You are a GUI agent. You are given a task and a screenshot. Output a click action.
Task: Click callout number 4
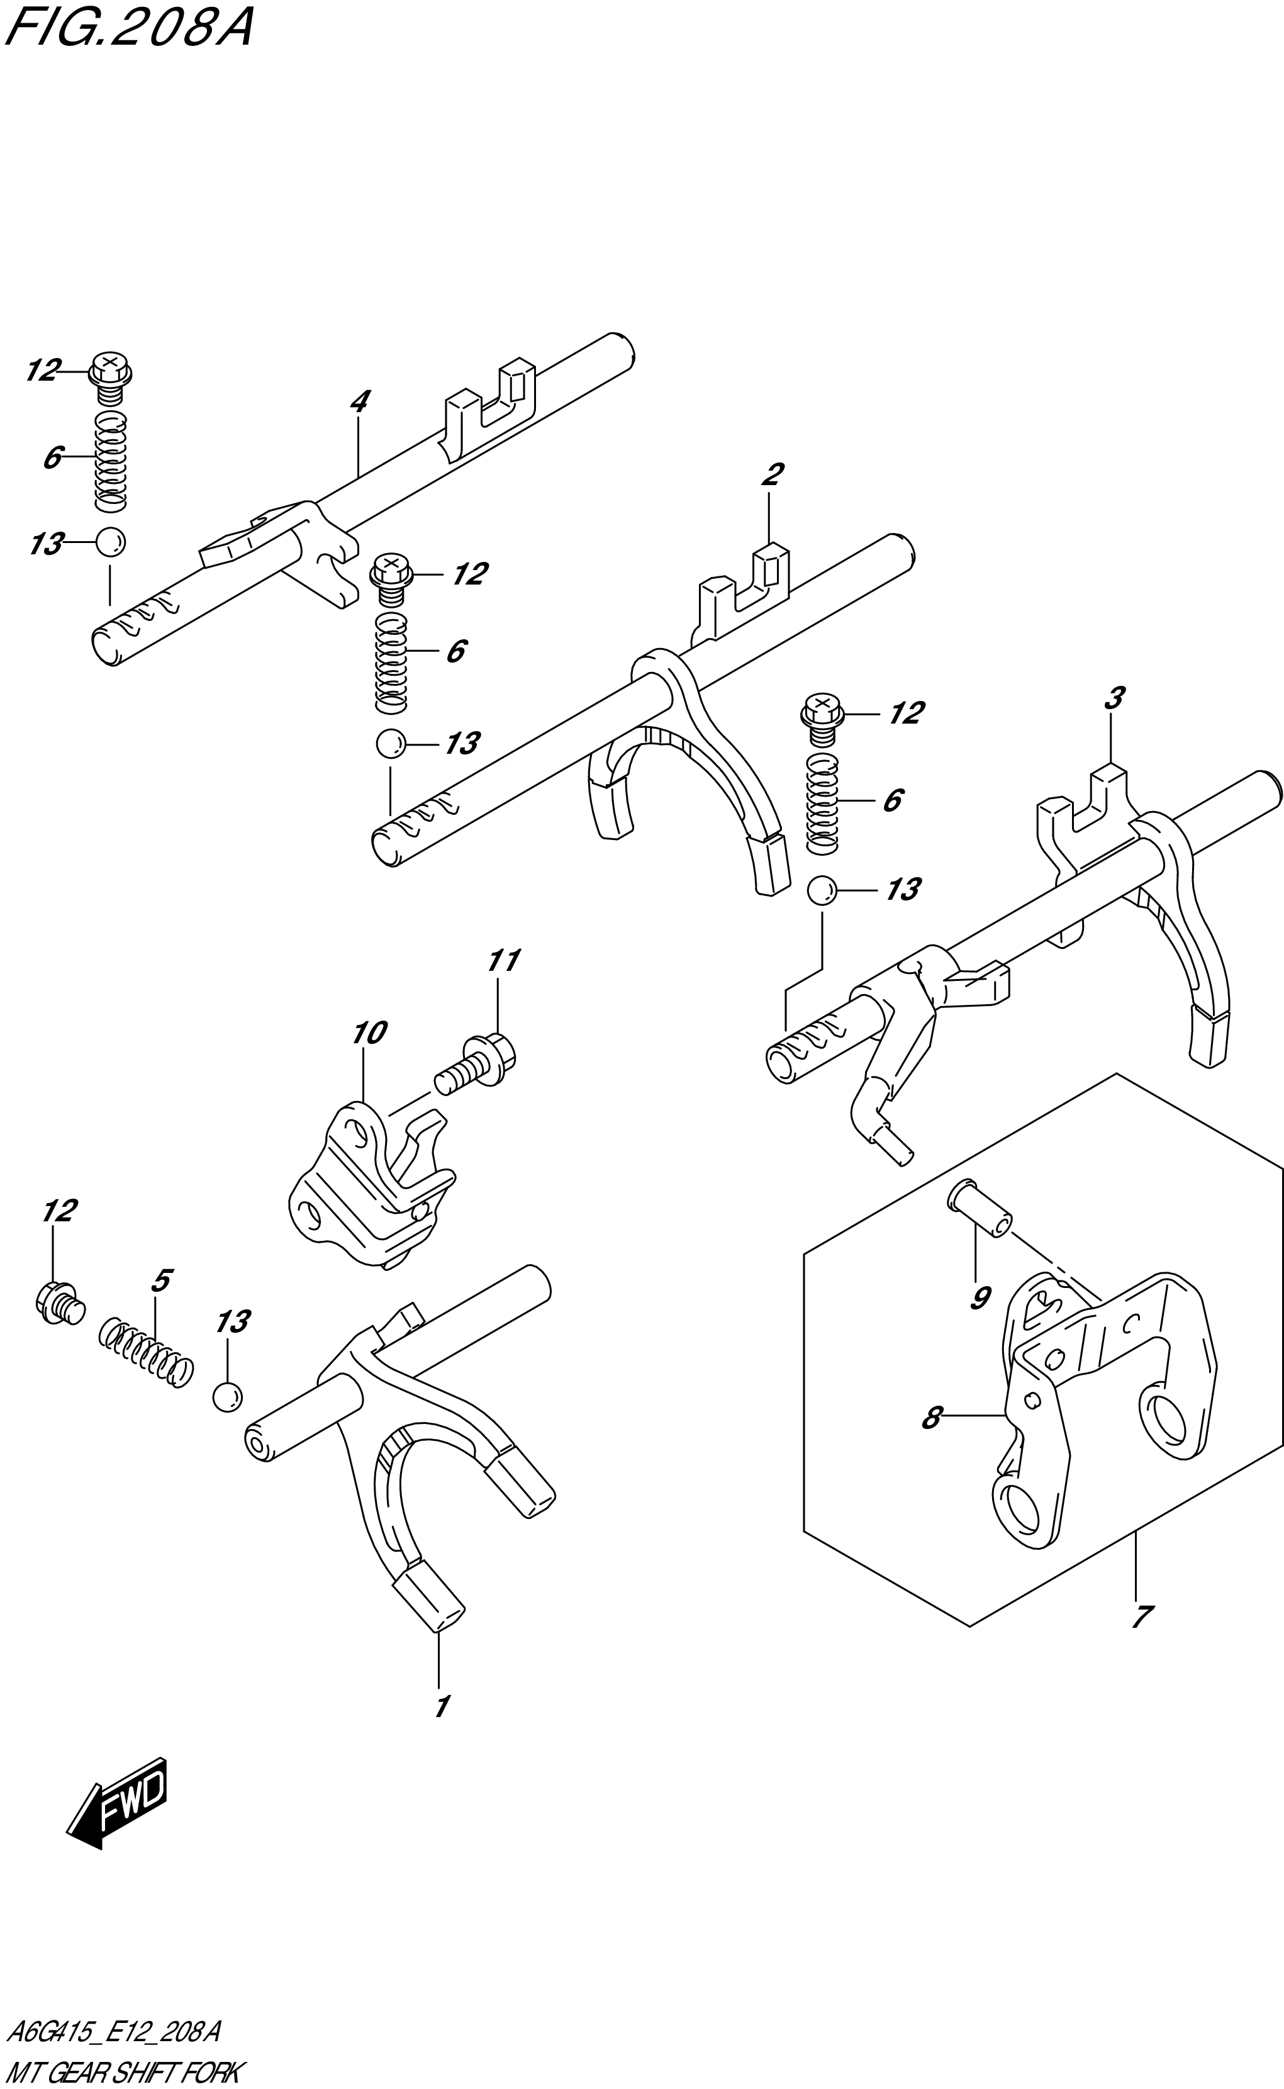pos(360,401)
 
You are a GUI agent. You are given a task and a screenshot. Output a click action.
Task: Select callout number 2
pos(772,474)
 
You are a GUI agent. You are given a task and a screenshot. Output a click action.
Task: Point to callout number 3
pos(1114,698)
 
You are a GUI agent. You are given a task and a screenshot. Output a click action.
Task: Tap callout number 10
pos(369,1033)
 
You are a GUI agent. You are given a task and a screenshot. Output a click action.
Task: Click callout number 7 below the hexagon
pos(1141,1616)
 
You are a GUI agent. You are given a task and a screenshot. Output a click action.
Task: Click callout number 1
pos(442,1706)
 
